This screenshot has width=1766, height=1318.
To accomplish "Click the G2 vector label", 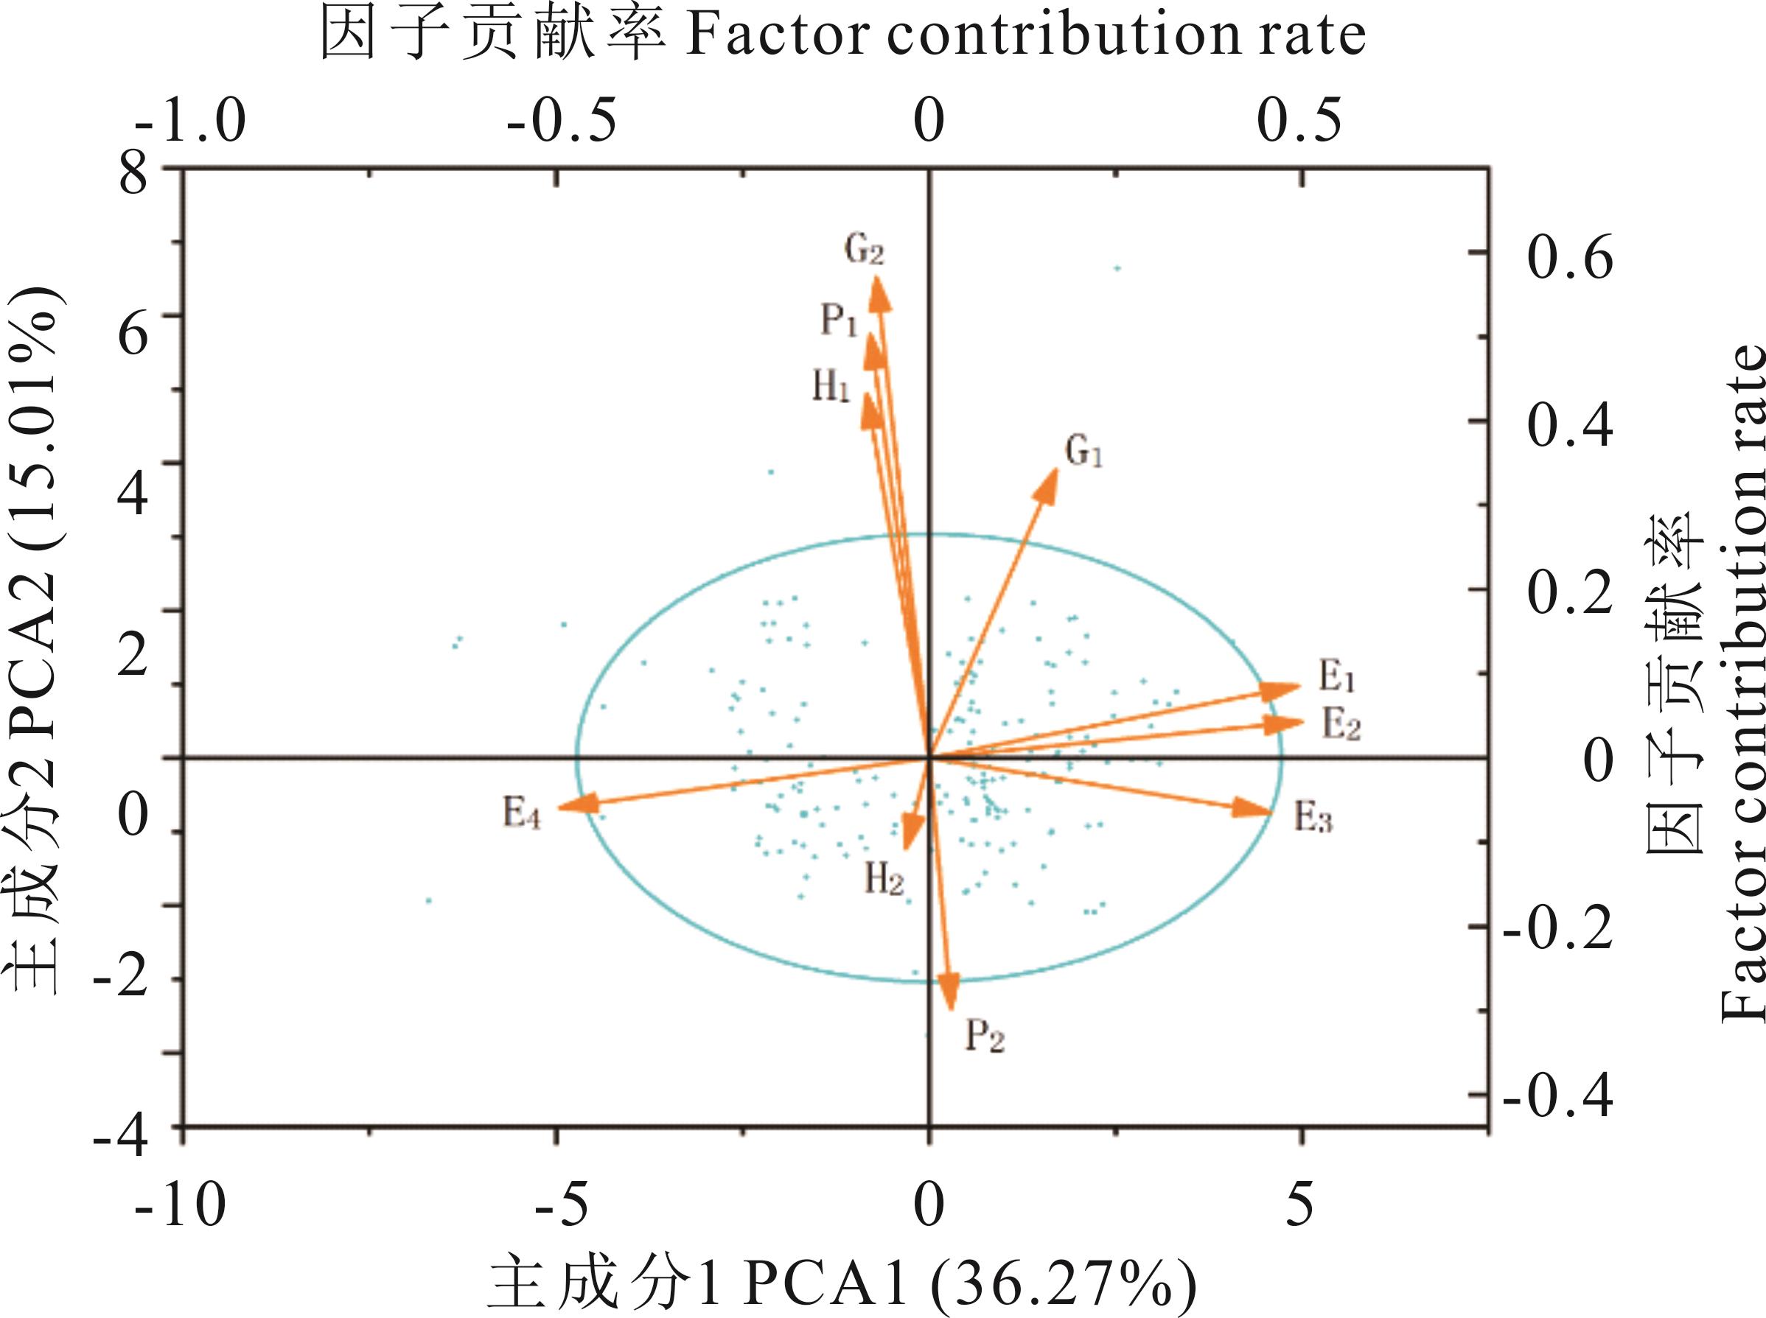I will [x=865, y=250].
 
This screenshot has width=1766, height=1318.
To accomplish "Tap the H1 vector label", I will [x=831, y=388].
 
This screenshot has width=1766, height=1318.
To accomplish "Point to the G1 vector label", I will [x=1083, y=452].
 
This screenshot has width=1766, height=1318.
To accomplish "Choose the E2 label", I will [x=1341, y=725].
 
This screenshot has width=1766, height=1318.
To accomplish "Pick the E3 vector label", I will [x=1313, y=818].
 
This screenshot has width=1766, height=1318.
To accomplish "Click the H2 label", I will [x=884, y=880].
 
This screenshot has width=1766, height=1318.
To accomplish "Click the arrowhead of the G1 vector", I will [x=1048, y=483].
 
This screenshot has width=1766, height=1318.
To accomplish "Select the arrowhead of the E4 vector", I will [x=576, y=805].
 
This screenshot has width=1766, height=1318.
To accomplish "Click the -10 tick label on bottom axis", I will [x=181, y=1204].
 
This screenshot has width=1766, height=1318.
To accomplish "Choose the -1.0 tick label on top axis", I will [x=190, y=122].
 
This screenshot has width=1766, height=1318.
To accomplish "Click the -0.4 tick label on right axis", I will [x=1558, y=1098].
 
